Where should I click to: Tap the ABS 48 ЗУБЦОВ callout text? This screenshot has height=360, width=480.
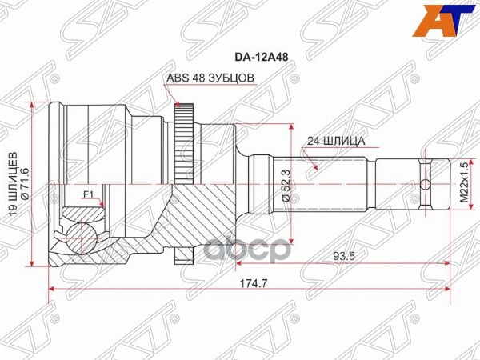[x=210, y=78]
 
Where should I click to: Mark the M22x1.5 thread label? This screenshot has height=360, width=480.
[x=462, y=185]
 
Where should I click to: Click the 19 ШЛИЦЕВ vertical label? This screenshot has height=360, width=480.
[x=12, y=184]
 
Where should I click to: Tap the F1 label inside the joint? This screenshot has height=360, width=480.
[x=88, y=194]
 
